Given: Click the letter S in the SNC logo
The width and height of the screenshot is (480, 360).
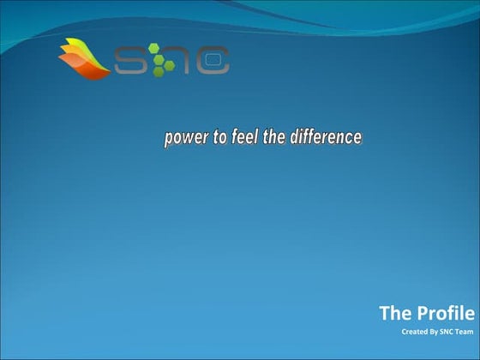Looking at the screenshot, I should point(130,60).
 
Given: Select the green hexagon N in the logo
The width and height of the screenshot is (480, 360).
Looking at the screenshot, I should point(171,60).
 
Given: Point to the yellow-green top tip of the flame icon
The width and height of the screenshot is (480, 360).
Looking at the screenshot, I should point(69,44).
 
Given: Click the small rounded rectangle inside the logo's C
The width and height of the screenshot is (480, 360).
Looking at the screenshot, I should point(216,60).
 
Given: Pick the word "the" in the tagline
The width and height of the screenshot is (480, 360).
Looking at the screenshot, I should point(274,137).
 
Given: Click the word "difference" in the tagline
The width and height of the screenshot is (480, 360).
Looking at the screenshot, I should point(325,137).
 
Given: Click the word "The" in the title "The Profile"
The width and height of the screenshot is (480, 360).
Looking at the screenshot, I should point(395,314).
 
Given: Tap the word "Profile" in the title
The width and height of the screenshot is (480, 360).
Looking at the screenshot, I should point(446,314).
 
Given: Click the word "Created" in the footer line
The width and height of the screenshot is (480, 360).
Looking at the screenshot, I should point(413,332).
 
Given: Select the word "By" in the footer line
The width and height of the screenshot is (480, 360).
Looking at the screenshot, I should point(431,332).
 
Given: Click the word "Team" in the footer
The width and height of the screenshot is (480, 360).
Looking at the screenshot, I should point(464,332).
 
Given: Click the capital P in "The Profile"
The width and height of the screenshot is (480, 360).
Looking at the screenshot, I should point(423,314).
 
